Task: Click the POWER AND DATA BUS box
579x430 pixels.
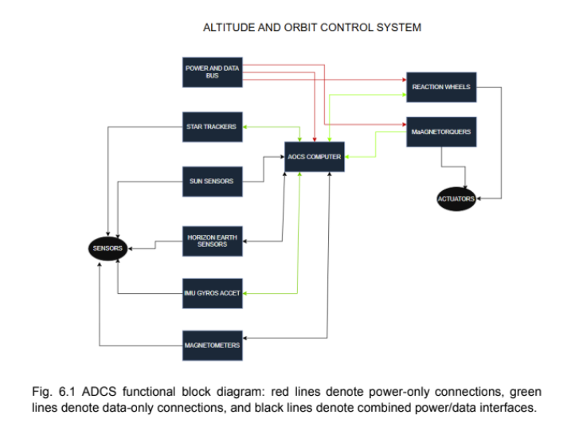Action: pyautogui.click(x=212, y=72)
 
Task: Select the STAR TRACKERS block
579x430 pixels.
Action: pyautogui.click(x=212, y=127)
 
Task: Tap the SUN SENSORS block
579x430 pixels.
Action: pyautogui.click(x=212, y=182)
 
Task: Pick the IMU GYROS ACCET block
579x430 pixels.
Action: pyautogui.click(x=212, y=293)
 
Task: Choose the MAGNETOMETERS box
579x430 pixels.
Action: pyautogui.click(x=212, y=346)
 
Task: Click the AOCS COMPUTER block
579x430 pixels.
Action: pyautogui.click(x=315, y=157)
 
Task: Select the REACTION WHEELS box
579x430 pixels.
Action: pyautogui.click(x=440, y=87)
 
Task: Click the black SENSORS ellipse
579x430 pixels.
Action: pyautogui.click(x=108, y=248)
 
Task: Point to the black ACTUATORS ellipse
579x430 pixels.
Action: pyautogui.click(x=456, y=198)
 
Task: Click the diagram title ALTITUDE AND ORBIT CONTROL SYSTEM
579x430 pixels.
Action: pyautogui.click(x=312, y=28)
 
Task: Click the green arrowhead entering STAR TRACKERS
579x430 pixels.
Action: pyautogui.click(x=244, y=127)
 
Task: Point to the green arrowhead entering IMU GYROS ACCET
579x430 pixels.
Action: pyautogui.click(x=244, y=293)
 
